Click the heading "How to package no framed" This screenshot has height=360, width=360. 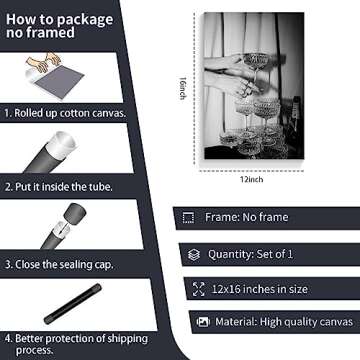pyautogui.click(x=60, y=26)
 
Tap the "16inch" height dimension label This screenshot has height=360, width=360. pyautogui.click(x=182, y=88)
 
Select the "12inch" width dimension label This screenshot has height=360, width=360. pyautogui.click(x=252, y=180)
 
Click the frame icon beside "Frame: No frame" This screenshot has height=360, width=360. pyautogui.click(x=188, y=218)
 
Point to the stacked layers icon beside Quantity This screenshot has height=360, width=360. pyautogui.click(x=194, y=255)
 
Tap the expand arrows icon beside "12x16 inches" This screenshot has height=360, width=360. pyautogui.click(x=199, y=289)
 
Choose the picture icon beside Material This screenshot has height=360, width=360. pyautogui.click(x=203, y=322)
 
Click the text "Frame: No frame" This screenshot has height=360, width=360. pyautogui.click(x=246, y=217)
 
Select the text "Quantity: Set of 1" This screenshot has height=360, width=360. pyautogui.click(x=250, y=254)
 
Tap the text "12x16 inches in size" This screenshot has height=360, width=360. pyautogui.click(x=259, y=289)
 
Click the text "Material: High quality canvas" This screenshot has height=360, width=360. pyautogui.click(x=284, y=322)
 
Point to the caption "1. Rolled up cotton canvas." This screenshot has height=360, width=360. pyautogui.click(x=65, y=113)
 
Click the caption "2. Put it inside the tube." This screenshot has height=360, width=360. pyautogui.click(x=59, y=187)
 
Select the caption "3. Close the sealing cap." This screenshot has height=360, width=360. pyautogui.click(x=59, y=265)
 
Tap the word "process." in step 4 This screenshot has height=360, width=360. pyautogui.click(x=35, y=350)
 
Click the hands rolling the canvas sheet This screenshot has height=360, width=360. pyautogui.click(x=44, y=62)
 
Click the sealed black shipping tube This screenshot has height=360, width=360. pyautogui.click(x=73, y=304)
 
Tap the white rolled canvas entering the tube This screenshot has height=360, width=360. pyautogui.click(x=63, y=144)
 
